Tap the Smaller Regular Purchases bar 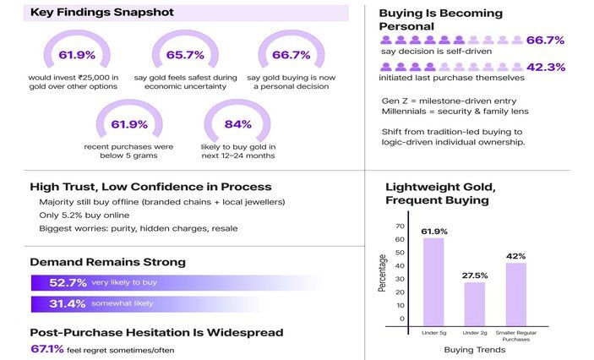[515, 293]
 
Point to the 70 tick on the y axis [401, 226]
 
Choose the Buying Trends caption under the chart [474, 349]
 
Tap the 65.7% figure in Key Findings [185, 55]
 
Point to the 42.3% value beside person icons [545, 68]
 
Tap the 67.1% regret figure [46, 348]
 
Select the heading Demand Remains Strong [107, 262]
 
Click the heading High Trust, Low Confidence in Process [150, 186]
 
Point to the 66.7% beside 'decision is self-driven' [545, 40]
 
